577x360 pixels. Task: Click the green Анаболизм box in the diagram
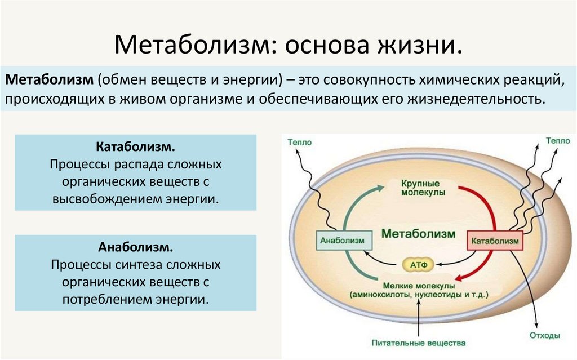[342, 241]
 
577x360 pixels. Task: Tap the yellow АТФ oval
[418, 263]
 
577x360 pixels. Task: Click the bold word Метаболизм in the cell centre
[418, 233]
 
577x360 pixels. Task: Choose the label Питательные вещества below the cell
[419, 342]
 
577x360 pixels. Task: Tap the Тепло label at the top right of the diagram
[557, 141]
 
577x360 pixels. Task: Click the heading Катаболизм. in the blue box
[135, 147]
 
